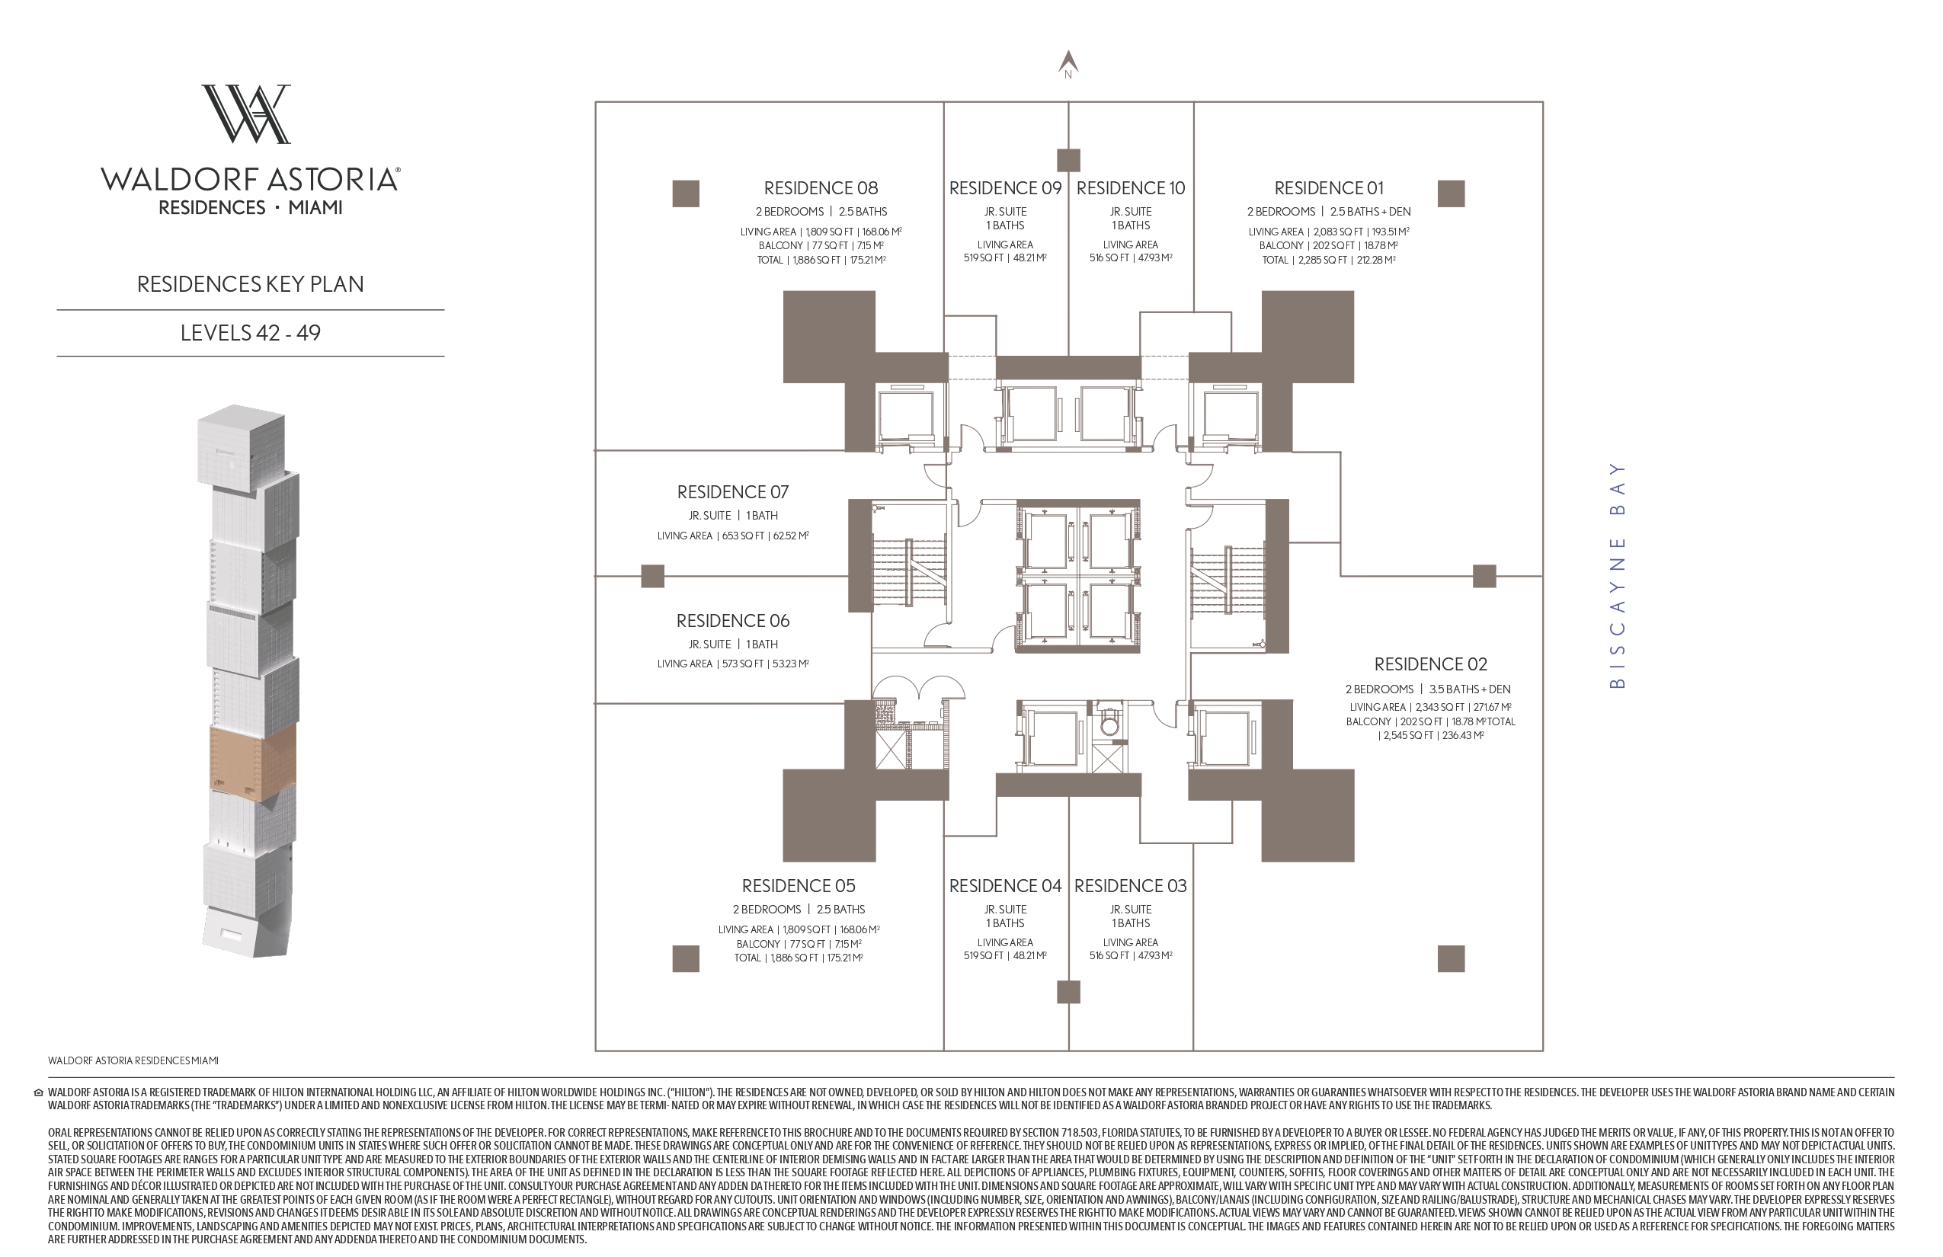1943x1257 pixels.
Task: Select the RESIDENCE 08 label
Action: pyautogui.click(x=821, y=187)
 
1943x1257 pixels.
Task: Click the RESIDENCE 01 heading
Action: pyautogui.click(x=1328, y=187)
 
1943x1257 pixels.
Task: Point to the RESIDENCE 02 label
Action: pyautogui.click(x=1430, y=664)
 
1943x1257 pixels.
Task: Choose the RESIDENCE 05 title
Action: pyautogui.click(x=799, y=885)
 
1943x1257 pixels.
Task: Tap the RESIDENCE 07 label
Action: pyautogui.click(x=732, y=492)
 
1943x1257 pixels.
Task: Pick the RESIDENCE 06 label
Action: pyautogui.click(x=732, y=621)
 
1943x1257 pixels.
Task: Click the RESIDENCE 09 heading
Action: pyautogui.click(x=1005, y=187)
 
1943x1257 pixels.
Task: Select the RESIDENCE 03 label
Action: pyautogui.click(x=1130, y=885)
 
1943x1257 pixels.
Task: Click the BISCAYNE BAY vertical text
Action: pyautogui.click(x=1616, y=575)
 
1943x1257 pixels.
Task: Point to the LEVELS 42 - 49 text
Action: pyautogui.click(x=251, y=333)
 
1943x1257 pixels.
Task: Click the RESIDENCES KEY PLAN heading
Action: pyautogui.click(x=251, y=284)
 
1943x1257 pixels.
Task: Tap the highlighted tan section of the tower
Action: pyautogui.click(x=253, y=760)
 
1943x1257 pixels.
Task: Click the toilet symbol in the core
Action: pyautogui.click(x=1109, y=723)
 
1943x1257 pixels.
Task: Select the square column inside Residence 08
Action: pyautogui.click(x=686, y=194)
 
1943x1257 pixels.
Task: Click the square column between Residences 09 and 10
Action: pyautogui.click(x=1068, y=160)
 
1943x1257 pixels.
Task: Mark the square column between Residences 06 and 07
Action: pyautogui.click(x=652, y=576)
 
